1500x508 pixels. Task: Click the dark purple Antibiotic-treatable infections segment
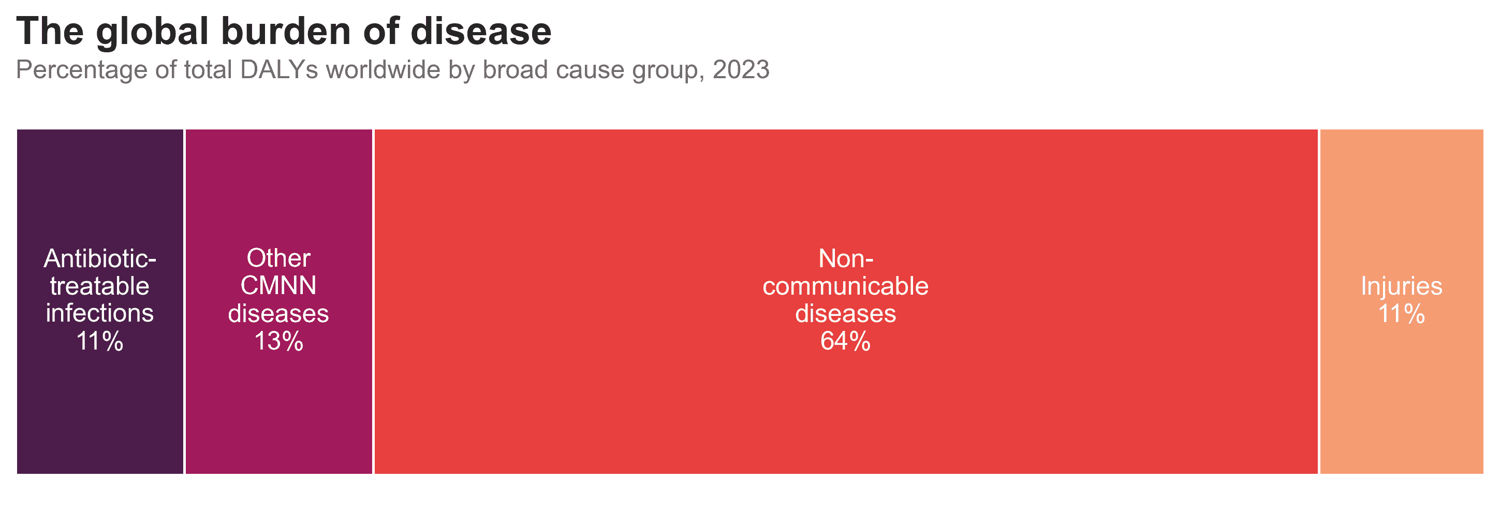pos(100,301)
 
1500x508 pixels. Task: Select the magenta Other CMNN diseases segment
pos(279,301)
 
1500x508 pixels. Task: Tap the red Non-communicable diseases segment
pos(846,301)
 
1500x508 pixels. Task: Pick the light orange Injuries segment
pos(1402,301)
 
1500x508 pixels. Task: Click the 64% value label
pos(846,341)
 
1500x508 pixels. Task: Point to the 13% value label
pos(278,341)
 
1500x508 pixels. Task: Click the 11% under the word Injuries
pos(1402,314)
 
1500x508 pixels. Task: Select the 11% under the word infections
pos(99,341)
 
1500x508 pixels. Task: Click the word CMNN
pos(278,286)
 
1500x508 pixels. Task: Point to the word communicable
pos(846,286)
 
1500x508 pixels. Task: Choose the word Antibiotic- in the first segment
pos(100,258)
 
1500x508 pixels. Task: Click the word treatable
pos(99,286)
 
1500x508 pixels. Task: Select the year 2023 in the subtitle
pos(741,70)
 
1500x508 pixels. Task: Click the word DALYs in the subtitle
pos(279,70)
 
